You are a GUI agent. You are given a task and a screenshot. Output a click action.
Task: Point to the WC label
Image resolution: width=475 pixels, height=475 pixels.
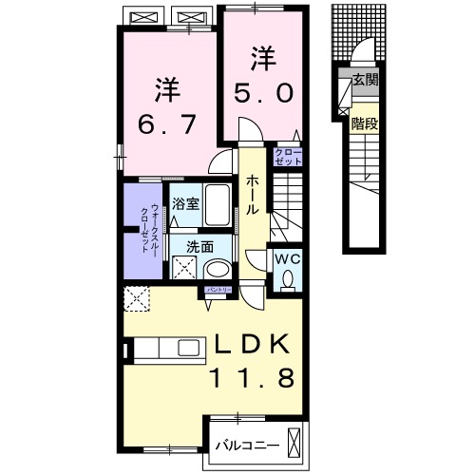click(x=287, y=257)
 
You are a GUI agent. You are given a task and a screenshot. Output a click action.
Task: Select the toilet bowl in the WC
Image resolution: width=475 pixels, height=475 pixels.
click(x=287, y=278)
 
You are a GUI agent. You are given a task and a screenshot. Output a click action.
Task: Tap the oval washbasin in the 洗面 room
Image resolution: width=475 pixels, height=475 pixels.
click(x=217, y=269)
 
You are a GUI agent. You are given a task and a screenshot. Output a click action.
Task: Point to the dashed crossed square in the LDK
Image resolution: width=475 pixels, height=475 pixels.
click(x=138, y=300)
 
